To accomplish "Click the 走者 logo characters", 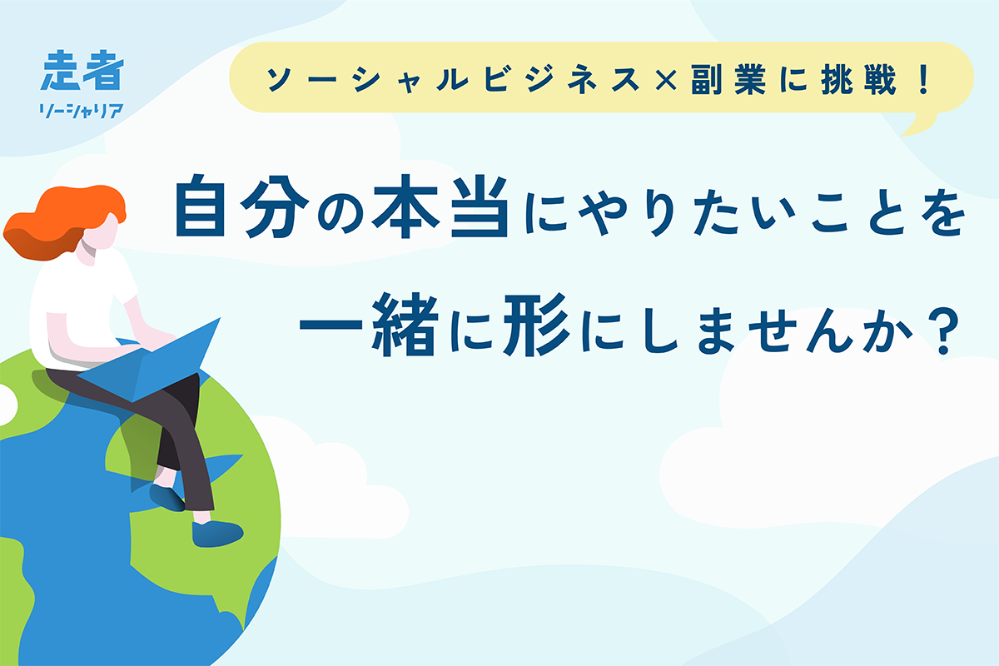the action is pyautogui.click(x=82, y=70).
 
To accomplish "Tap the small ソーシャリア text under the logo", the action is pyautogui.click(x=82, y=111).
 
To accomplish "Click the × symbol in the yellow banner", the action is pyautogui.click(x=666, y=79).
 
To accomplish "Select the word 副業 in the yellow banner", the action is pyautogui.click(x=728, y=79).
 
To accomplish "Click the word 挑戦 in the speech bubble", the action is pyautogui.click(x=857, y=79).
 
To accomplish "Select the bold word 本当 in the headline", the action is pyautogui.click(x=440, y=206).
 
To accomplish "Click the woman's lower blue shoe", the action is pyautogui.click(x=217, y=533).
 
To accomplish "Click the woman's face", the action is pyautogui.click(x=102, y=234).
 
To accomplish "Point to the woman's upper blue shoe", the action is pyautogui.click(x=167, y=497).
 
